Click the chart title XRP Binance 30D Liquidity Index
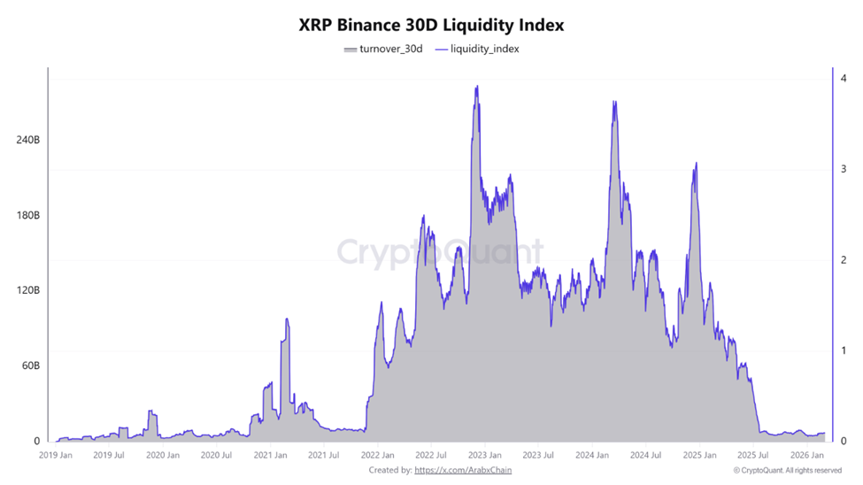[431, 26]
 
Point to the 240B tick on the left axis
[27, 141]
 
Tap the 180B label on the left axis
[27, 216]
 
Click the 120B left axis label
[27, 291]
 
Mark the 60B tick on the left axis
[28, 366]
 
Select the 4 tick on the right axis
[844, 79]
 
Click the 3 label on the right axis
[844, 169]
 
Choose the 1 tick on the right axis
[844, 350]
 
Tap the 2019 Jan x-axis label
[56, 456]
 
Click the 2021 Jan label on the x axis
[270, 456]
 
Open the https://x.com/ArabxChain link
[462, 470]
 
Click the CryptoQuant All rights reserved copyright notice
[787, 470]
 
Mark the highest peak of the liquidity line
[477, 87]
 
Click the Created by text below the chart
[389, 470]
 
